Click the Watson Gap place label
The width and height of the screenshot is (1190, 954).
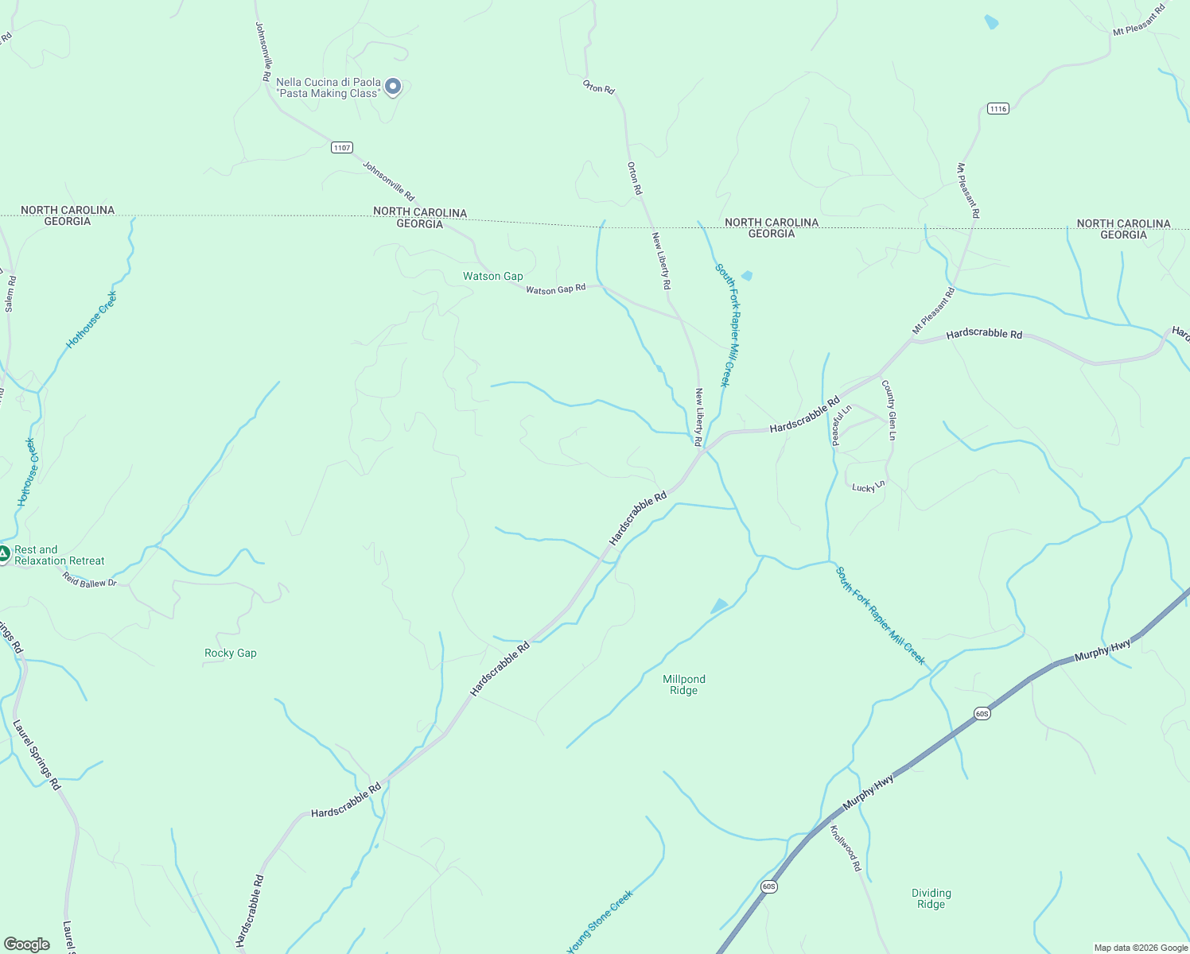coord(493,277)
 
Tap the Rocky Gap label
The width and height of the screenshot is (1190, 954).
coord(231,653)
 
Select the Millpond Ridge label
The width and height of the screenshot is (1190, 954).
coord(684,684)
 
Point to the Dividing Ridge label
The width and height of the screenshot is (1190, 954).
coord(931,898)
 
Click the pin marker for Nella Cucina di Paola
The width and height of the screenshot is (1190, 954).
coord(392,86)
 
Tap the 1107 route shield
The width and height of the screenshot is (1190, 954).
coord(342,148)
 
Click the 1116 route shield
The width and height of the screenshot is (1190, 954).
coord(998,109)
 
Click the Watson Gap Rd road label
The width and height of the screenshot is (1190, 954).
coord(555,289)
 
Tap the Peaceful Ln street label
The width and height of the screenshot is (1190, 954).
coord(841,425)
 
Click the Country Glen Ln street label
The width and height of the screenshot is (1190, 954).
coord(889,410)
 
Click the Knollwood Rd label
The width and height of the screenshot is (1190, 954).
coord(846,848)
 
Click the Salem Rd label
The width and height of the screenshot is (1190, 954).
coord(10,293)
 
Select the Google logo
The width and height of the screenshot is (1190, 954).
coord(26,944)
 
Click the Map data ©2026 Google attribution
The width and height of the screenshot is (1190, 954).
coord(1140,948)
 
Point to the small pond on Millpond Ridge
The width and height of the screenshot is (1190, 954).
coord(719,606)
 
